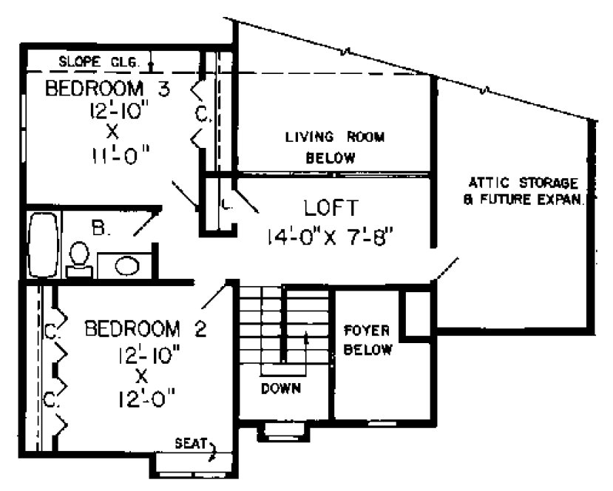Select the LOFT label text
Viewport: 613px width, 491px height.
(331, 207)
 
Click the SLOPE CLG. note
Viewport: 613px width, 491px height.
(98, 62)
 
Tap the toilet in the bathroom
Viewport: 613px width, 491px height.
(78, 259)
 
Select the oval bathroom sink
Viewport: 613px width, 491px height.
(127, 265)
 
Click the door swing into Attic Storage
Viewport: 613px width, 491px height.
(446, 270)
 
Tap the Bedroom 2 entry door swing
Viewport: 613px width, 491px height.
(212, 296)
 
